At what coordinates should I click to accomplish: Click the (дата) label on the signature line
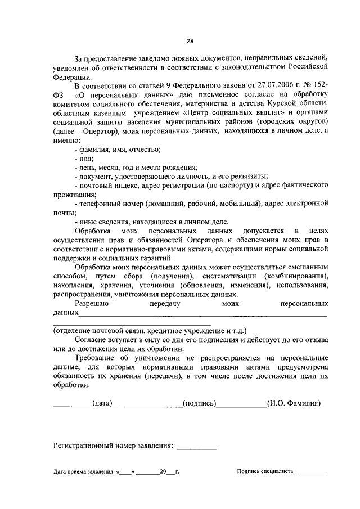pos(102,403)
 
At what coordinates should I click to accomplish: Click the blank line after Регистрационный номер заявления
pos(197,448)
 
